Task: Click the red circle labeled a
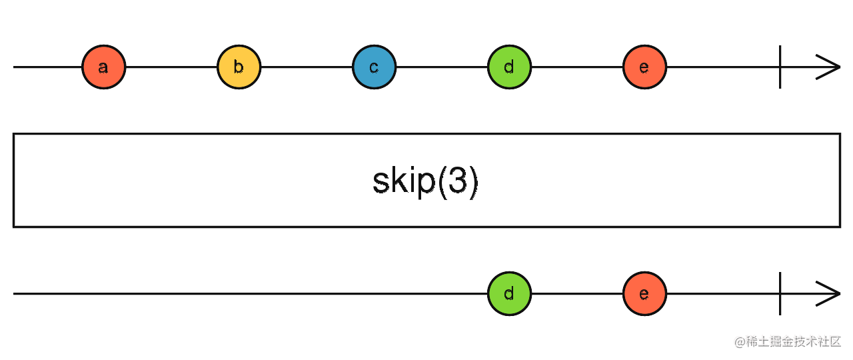tap(103, 67)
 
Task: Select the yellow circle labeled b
tap(239, 67)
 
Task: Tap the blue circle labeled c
tap(375, 67)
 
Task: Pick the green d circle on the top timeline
tap(510, 67)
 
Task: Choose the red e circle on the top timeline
tap(644, 67)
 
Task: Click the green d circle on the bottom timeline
tap(510, 294)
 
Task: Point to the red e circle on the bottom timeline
tap(644, 294)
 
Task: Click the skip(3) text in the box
tap(425, 182)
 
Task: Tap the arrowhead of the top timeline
tap(828, 67)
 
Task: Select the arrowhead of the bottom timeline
tap(828, 294)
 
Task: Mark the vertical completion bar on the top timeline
tap(780, 67)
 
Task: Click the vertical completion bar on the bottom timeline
tap(780, 294)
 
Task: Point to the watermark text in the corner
tap(788, 342)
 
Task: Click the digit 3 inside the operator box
tap(457, 181)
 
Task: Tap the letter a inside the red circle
tap(103, 68)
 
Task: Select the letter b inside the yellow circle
tap(239, 67)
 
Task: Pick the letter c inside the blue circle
tap(374, 68)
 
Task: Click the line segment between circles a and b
tap(171, 67)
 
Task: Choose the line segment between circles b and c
tap(307, 67)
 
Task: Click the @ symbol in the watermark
tap(740, 343)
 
